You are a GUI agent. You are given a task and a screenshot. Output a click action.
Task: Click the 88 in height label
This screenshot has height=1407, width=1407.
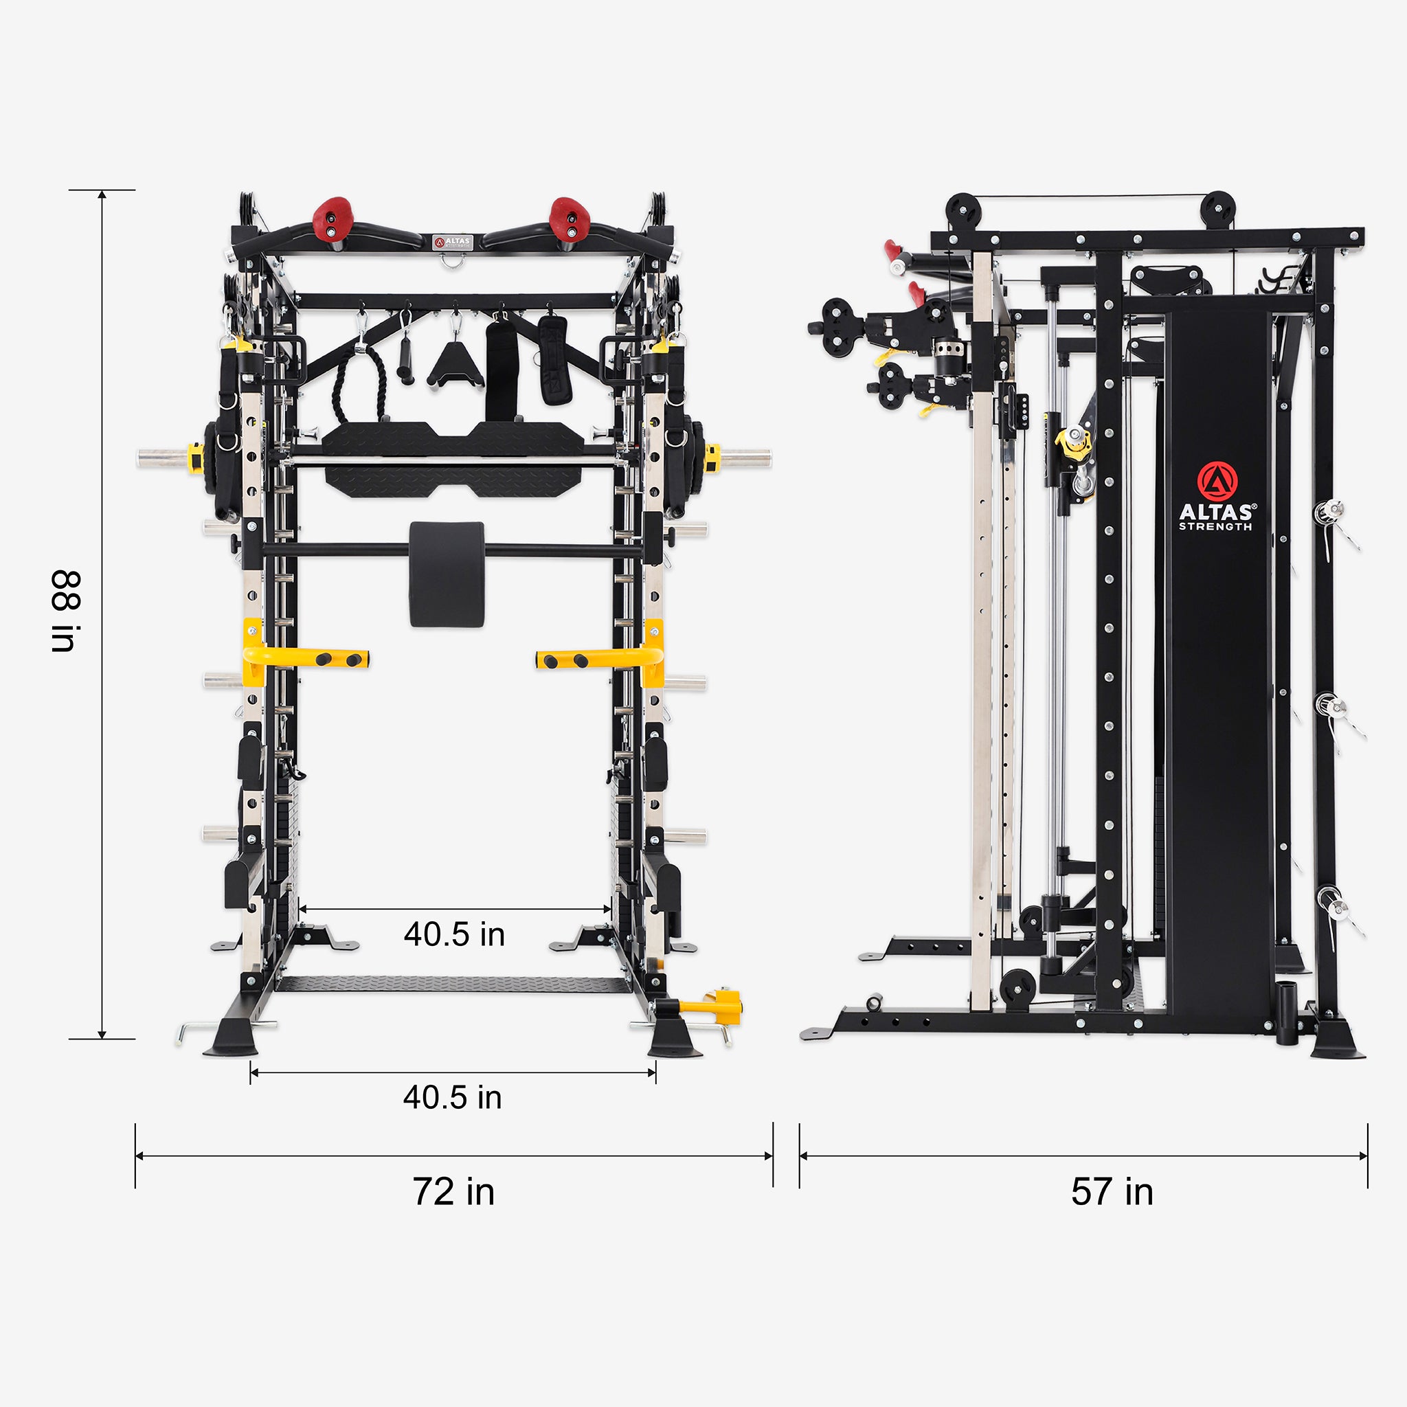click(x=65, y=611)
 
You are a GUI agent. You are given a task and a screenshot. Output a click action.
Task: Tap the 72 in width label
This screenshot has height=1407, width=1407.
click(x=453, y=1192)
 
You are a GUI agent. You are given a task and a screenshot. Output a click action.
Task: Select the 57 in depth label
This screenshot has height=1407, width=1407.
click(x=1112, y=1192)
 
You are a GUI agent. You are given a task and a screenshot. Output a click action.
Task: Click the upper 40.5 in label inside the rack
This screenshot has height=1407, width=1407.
click(x=454, y=934)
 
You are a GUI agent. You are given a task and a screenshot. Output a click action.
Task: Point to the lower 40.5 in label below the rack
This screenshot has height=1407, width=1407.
click(x=452, y=1097)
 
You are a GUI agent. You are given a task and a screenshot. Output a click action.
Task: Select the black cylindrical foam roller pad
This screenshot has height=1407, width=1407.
click(x=447, y=573)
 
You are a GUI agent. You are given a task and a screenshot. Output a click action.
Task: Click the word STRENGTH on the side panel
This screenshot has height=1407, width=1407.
click(x=1215, y=526)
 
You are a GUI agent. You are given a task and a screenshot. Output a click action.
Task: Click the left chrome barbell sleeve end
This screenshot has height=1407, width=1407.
click(x=161, y=458)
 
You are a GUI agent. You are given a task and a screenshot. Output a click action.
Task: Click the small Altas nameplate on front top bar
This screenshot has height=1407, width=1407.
click(x=452, y=242)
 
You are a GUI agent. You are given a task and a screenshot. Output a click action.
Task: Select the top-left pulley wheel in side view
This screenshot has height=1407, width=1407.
click(x=963, y=211)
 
